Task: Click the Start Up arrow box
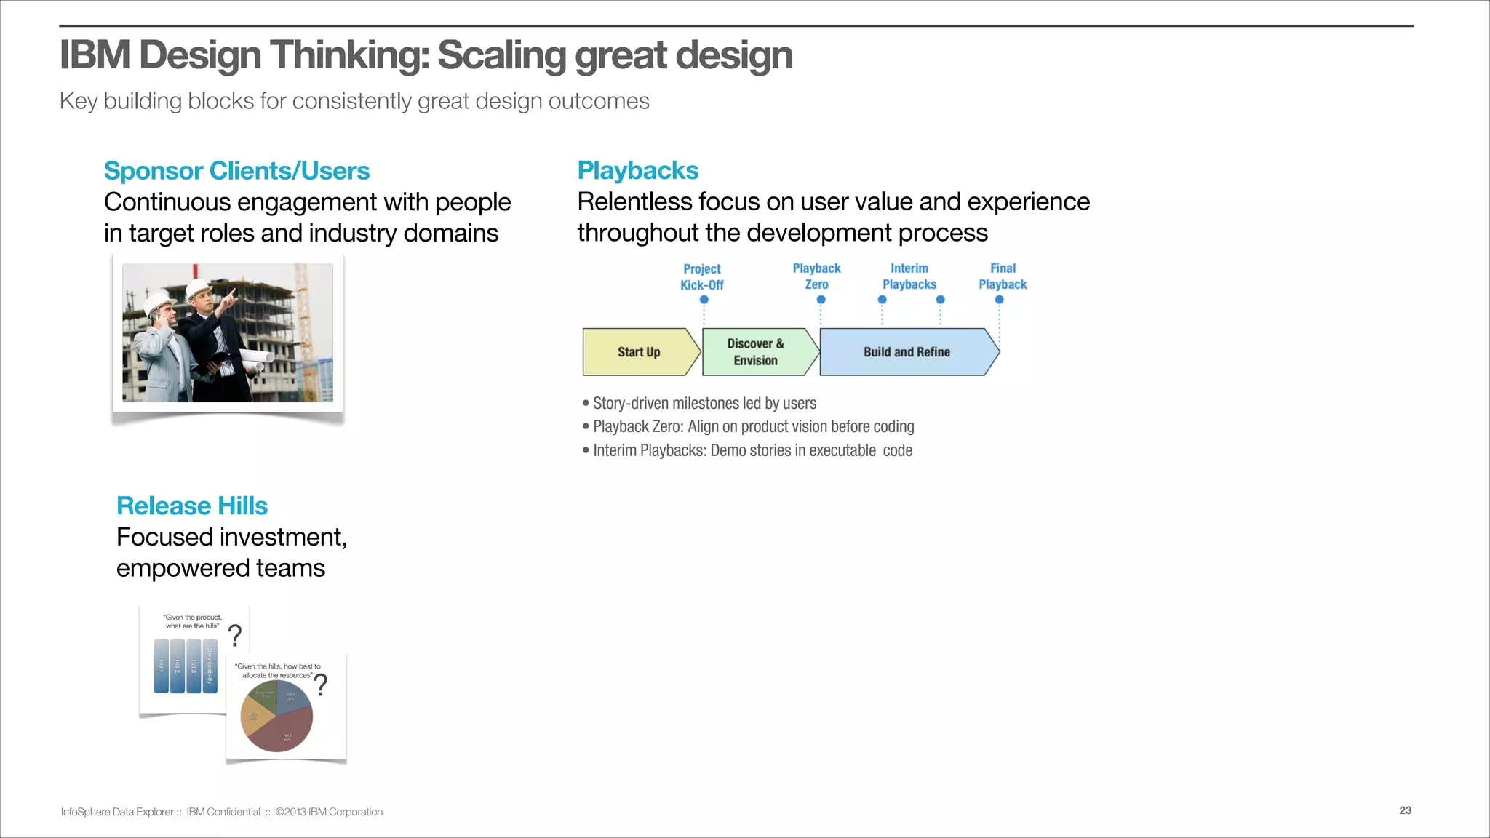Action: [639, 352]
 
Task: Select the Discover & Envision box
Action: [756, 352]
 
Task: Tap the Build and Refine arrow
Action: [907, 352]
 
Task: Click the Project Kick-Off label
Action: [701, 277]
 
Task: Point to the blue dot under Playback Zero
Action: [821, 300]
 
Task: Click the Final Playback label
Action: [1003, 276]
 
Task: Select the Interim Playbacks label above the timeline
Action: [909, 276]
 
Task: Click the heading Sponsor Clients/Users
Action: [236, 171]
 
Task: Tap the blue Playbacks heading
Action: [637, 170]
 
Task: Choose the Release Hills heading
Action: [192, 506]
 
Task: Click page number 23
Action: [1405, 810]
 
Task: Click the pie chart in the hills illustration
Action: [276, 717]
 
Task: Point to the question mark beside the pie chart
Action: [321, 685]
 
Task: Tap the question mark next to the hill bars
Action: [235, 635]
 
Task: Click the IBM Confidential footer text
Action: [223, 812]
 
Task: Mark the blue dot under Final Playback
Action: [999, 300]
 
